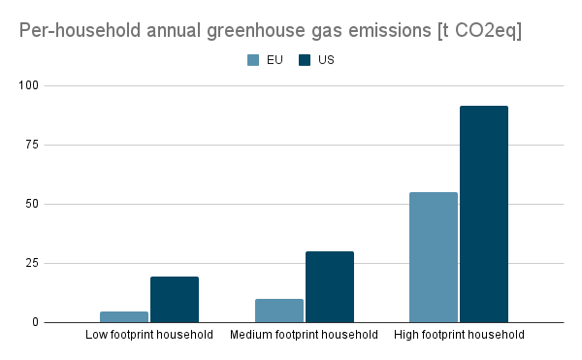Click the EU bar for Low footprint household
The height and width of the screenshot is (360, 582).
[x=124, y=316]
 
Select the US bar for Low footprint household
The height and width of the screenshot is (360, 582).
[x=175, y=299]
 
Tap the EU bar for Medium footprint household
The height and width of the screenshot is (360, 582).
[x=279, y=311]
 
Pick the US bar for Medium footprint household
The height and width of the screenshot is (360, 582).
[x=330, y=286]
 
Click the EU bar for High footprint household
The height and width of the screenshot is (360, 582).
[x=434, y=257]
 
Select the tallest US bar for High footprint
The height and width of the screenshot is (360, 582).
[x=484, y=213]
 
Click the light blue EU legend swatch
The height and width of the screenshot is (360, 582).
[x=253, y=60]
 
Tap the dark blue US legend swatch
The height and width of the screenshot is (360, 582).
[x=305, y=60]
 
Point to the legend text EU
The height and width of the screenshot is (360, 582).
[x=275, y=60]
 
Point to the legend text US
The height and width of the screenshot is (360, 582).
[x=326, y=60]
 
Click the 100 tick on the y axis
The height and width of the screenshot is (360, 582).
[x=29, y=86]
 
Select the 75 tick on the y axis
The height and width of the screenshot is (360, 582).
[x=32, y=146]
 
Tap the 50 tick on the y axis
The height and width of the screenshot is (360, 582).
[x=32, y=205]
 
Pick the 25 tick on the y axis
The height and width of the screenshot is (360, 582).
[x=32, y=263]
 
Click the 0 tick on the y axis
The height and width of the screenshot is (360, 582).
[x=35, y=322]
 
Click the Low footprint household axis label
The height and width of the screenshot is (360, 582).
[x=148, y=336]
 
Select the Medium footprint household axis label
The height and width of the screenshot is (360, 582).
[x=304, y=336]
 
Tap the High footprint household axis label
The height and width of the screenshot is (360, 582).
[x=459, y=336]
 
